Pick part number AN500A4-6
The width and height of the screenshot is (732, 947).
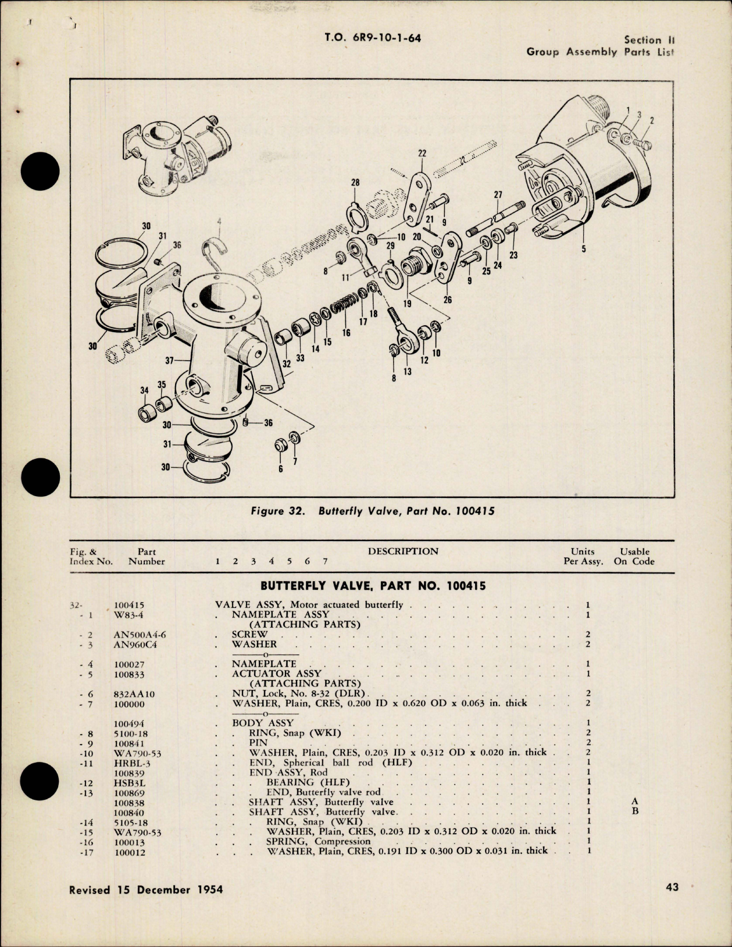point(140,635)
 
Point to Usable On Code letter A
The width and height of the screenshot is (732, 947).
point(634,802)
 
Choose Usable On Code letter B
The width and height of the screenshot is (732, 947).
point(634,811)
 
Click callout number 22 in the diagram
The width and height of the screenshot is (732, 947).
point(422,153)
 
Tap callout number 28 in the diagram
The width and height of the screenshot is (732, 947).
point(355,182)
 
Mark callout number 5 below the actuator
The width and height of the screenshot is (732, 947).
point(583,250)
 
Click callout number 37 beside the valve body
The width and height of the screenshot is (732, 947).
point(169,361)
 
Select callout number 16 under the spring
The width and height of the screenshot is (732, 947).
point(347,333)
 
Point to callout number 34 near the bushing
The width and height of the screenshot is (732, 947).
point(144,391)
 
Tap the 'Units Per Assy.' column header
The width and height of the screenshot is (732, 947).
point(583,557)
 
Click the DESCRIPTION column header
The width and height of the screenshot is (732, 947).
point(403,551)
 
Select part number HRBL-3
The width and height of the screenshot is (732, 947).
point(130,763)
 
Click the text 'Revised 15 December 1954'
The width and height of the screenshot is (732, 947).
point(146,889)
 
